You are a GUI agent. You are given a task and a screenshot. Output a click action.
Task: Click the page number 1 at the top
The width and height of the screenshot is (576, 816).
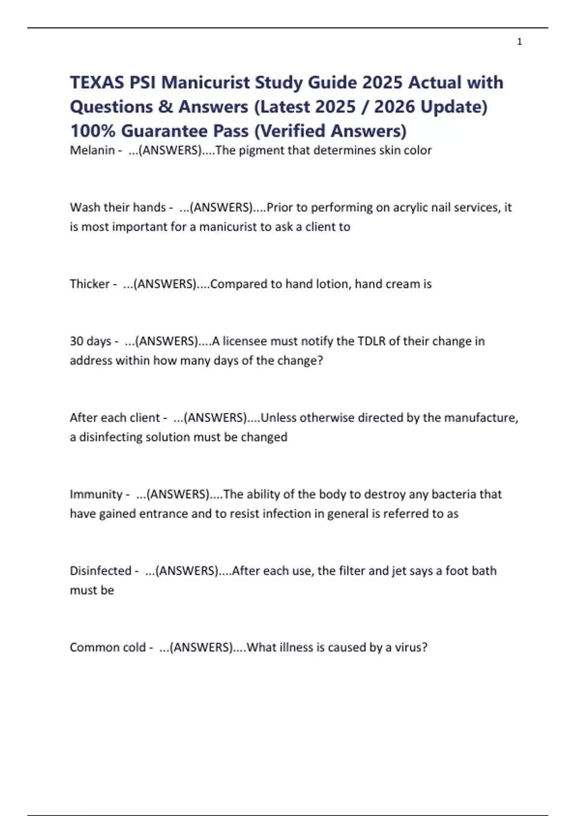coord(519,42)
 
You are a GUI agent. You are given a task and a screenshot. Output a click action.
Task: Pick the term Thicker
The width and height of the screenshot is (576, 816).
coord(90,284)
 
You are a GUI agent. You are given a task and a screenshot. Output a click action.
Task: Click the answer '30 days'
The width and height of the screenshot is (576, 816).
coord(90,341)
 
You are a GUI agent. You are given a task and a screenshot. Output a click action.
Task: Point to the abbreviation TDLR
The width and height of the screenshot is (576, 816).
coord(372,341)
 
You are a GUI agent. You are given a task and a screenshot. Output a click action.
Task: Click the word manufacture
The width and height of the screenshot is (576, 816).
coord(481,418)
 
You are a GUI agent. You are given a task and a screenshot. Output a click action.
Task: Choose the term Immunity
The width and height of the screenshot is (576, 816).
coord(96,494)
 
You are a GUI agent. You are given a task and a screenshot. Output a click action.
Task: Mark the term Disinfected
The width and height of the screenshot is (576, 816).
coord(100,571)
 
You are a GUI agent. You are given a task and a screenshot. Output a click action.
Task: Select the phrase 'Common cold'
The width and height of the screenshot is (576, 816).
coord(108,648)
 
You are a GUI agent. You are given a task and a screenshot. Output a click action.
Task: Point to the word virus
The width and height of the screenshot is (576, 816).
coord(410,648)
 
